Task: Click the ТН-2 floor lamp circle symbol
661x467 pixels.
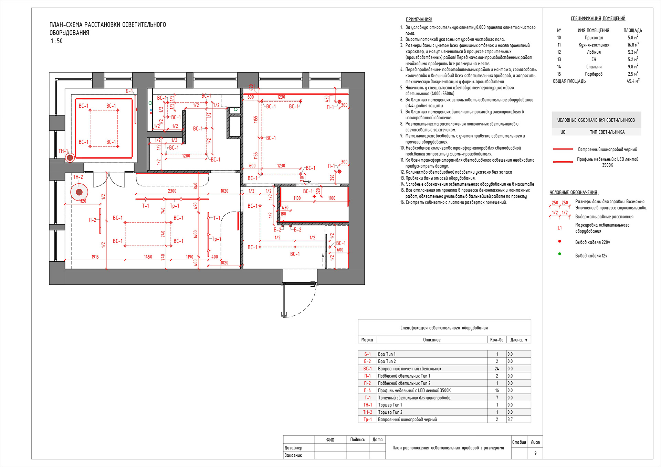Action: (x=79, y=192)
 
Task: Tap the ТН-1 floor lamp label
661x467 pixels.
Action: (x=63, y=151)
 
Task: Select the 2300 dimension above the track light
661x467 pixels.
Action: (x=172, y=191)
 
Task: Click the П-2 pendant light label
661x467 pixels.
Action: (x=92, y=220)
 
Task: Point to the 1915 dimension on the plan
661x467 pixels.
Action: (x=95, y=257)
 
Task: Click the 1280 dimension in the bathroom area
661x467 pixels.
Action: (x=186, y=156)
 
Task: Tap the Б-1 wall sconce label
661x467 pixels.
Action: (x=129, y=91)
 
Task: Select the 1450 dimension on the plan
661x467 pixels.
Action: (x=148, y=257)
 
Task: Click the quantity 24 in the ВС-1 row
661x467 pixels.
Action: (x=497, y=369)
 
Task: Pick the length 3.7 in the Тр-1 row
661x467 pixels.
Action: (x=510, y=420)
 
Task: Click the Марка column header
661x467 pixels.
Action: (x=367, y=340)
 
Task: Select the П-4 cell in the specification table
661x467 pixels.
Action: (x=367, y=390)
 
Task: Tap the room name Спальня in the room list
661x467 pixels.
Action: (x=594, y=67)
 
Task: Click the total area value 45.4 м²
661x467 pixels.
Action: (x=633, y=81)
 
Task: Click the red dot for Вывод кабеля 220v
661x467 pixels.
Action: (x=559, y=241)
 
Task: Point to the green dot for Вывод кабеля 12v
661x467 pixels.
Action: (x=559, y=254)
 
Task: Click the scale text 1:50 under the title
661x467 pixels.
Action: (x=57, y=41)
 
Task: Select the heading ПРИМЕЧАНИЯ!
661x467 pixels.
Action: (x=419, y=20)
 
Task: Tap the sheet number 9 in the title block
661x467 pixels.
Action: (x=535, y=453)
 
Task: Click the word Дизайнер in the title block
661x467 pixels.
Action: (x=293, y=448)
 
